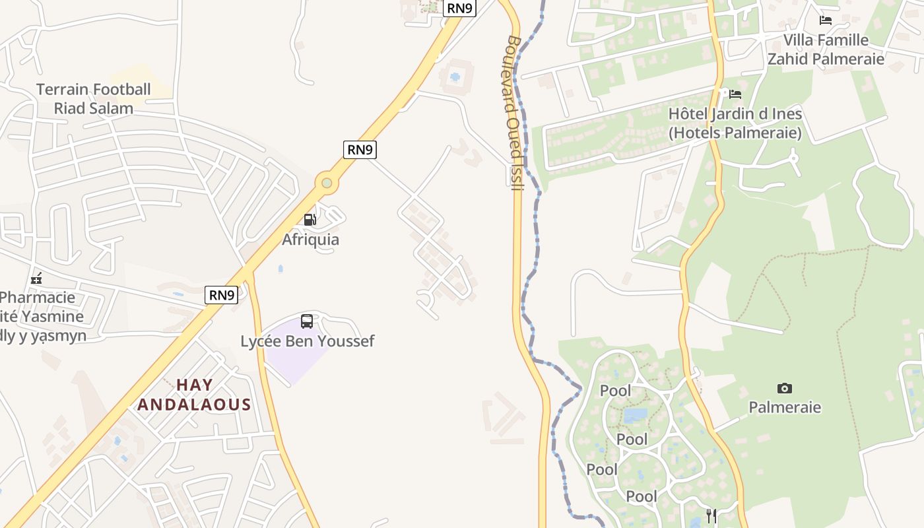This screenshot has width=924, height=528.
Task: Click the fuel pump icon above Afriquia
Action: tap(310, 220)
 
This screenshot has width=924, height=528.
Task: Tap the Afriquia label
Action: tap(310, 240)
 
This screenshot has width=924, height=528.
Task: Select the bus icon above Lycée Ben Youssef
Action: tap(307, 321)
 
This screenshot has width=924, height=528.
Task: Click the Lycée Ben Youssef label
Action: tap(307, 341)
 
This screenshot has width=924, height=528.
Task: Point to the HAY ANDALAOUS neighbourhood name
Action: tap(194, 395)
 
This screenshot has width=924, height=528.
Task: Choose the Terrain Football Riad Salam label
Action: tap(93, 98)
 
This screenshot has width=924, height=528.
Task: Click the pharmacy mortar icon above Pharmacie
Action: tap(36, 279)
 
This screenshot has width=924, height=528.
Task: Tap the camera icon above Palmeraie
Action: tap(784, 388)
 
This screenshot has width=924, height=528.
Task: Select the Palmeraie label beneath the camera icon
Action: tap(784, 407)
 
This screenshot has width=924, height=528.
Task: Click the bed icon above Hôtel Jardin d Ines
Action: tap(735, 94)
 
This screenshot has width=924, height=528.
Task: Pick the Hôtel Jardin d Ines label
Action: tap(735, 123)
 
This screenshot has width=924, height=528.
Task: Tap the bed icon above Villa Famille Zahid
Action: tap(825, 20)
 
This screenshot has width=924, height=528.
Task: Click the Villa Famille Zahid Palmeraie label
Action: tap(825, 49)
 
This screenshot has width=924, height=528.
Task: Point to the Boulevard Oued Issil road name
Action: tap(515, 112)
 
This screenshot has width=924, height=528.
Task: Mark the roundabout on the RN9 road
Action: tap(326, 182)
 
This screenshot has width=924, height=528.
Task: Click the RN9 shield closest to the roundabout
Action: tap(360, 150)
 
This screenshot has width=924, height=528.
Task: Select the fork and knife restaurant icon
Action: tap(711, 515)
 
